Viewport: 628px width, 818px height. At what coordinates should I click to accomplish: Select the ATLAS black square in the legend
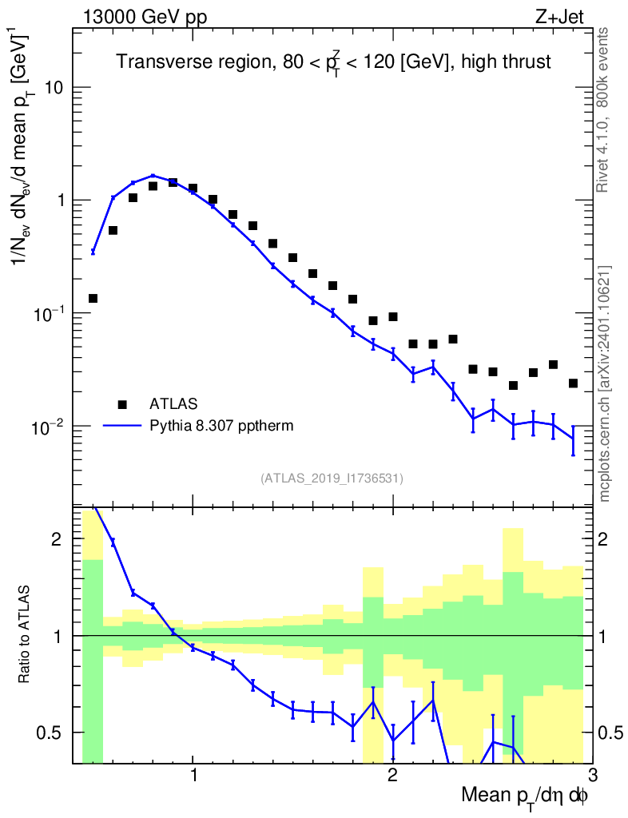click(x=122, y=403)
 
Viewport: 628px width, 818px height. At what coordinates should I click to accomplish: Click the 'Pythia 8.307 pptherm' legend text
click(x=222, y=426)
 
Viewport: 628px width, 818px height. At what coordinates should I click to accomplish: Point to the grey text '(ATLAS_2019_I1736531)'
click(x=332, y=478)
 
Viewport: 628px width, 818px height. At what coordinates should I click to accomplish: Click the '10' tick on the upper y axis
click(x=54, y=87)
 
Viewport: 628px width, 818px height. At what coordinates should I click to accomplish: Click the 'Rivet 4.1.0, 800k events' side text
click(x=604, y=109)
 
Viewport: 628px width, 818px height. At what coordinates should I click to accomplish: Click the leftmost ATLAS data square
click(x=93, y=298)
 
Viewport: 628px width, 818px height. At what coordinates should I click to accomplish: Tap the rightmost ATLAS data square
click(x=572, y=383)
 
